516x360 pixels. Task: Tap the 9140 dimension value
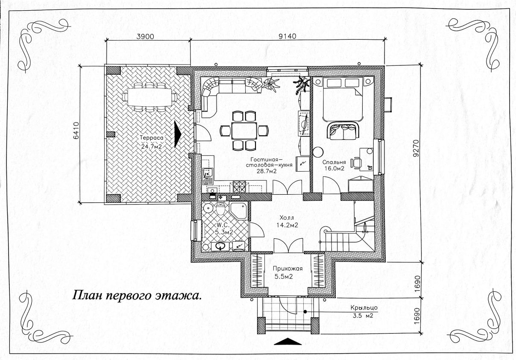(287, 36)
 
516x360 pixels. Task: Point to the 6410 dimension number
(76, 133)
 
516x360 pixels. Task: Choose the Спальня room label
(334, 162)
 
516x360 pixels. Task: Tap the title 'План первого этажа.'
(136, 296)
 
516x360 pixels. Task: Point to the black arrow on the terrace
(178, 134)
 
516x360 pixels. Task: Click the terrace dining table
(149, 97)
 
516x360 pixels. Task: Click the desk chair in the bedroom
(356, 162)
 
